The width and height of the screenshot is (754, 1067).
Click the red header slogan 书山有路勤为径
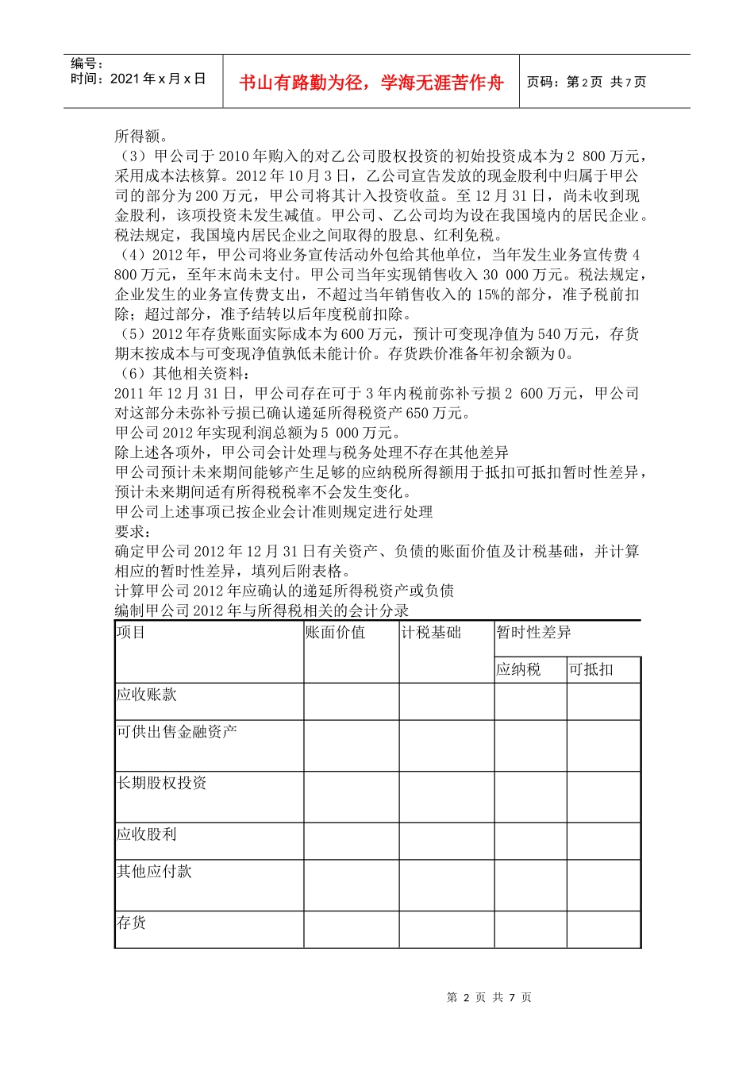coord(371,83)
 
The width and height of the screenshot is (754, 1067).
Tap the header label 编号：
coord(87,64)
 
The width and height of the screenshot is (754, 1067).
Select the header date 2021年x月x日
coord(138,79)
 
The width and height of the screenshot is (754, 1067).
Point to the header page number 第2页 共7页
coord(587,83)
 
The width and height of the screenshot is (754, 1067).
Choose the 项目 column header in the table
coord(131,633)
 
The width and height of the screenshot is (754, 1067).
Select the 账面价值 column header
coord(336,633)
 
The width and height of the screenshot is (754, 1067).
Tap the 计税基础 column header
coord(431,633)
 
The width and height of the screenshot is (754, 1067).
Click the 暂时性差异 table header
coord(533,633)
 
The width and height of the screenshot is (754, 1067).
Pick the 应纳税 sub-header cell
coord(518,670)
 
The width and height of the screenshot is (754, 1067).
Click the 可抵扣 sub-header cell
coord(591,670)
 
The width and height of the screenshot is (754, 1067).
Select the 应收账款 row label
coord(147,695)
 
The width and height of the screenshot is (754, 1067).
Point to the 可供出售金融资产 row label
coord(177,732)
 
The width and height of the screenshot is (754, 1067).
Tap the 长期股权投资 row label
coord(162,784)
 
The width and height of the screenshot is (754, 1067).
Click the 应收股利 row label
coord(147,834)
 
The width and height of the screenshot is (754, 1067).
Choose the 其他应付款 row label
coord(155,872)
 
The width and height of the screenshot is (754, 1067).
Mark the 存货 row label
coord(132,923)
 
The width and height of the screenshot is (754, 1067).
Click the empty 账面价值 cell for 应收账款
coord(351,702)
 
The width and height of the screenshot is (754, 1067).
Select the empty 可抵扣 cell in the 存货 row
coord(603,929)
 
